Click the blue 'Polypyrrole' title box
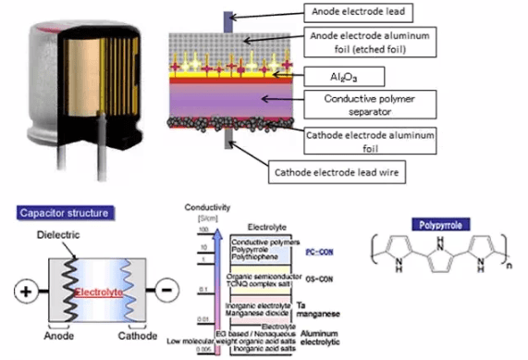coord(435,225)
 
